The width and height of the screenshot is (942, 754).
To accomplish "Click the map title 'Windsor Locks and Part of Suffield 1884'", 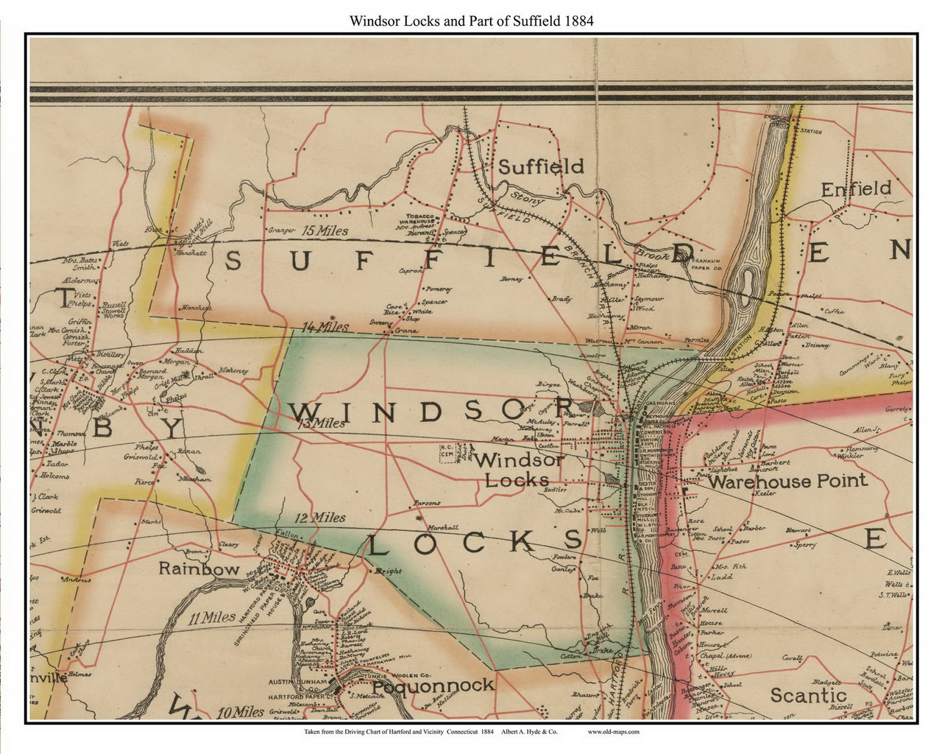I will point(471,21).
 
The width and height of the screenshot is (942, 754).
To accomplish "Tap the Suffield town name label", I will point(541,166).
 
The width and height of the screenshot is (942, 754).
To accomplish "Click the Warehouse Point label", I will point(787,482).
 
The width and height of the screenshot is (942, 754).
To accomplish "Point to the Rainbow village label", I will point(199,569).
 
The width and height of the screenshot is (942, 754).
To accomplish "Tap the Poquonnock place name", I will point(433,686).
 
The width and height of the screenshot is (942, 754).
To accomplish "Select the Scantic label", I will point(807,695).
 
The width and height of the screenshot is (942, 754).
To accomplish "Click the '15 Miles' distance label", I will point(325,230).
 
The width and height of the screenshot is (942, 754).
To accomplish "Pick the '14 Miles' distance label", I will point(325,326).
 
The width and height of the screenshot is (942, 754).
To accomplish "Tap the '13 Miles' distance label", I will point(320,423).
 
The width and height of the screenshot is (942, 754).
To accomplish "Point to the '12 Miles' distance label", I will point(320,518).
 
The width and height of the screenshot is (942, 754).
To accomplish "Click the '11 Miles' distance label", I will point(211,618).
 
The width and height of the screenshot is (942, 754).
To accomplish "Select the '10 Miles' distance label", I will point(241,712).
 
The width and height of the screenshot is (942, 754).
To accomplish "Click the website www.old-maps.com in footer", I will point(613,732).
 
